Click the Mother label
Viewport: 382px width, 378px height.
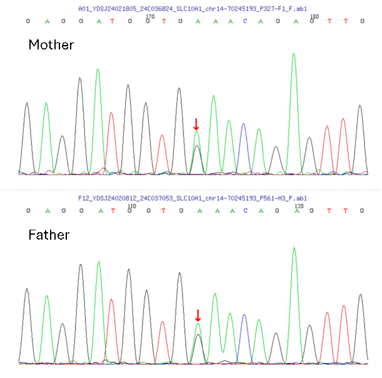click(x=51, y=45)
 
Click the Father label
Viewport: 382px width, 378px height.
click(x=49, y=235)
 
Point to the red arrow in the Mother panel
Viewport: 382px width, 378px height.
click(x=196, y=124)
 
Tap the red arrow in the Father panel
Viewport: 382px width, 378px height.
click(x=198, y=315)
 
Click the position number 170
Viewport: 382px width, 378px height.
click(x=150, y=16)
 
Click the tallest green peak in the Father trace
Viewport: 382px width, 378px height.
click(x=294, y=249)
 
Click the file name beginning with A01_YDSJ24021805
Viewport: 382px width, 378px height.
click(x=193, y=9)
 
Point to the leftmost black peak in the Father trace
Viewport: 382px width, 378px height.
click(x=27, y=290)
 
